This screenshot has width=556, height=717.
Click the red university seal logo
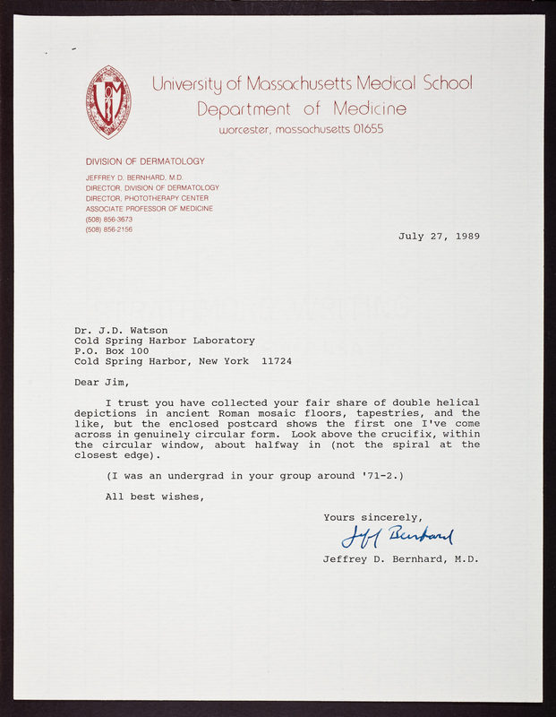108,101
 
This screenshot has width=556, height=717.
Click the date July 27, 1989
439,237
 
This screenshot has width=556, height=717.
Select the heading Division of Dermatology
145,161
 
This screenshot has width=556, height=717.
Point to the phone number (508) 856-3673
109,219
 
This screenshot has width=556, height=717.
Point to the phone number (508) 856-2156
109,229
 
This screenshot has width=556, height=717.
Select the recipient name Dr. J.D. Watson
121,330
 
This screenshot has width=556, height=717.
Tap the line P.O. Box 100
112,351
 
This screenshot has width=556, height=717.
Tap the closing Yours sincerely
372,517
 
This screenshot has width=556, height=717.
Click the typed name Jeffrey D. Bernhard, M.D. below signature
401,559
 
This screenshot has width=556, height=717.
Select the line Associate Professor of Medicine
150,209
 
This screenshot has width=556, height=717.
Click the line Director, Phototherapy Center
147,198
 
